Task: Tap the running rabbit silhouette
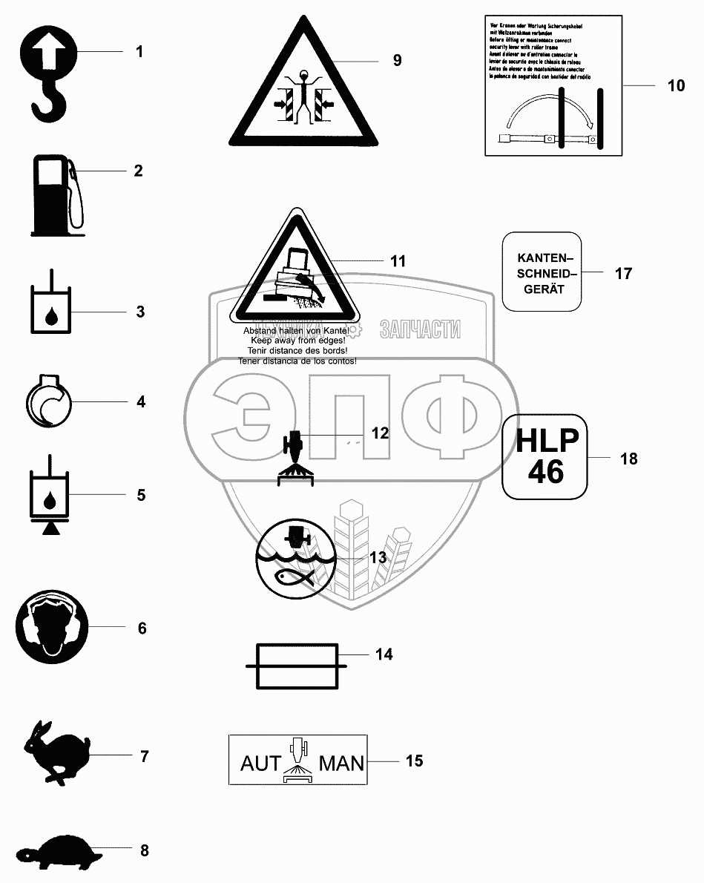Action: pyautogui.click(x=56, y=751)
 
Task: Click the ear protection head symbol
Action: pyautogui.click(x=50, y=628)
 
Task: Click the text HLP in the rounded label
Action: pyautogui.click(x=547, y=441)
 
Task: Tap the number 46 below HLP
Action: pyautogui.click(x=546, y=471)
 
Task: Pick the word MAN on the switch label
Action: pyautogui.click(x=341, y=763)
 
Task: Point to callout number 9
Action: pyautogui.click(x=398, y=59)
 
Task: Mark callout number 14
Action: pyautogui.click(x=384, y=654)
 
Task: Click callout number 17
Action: pyautogui.click(x=623, y=273)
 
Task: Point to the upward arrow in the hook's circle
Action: pyautogui.click(x=46, y=53)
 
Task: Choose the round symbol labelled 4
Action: pyautogui.click(x=48, y=402)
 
